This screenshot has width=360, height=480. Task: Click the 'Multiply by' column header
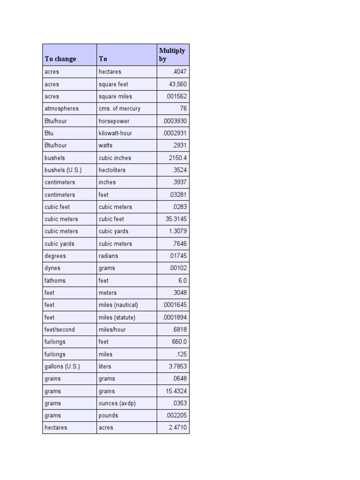pos(172,55)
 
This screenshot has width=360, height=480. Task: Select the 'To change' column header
pos(60,59)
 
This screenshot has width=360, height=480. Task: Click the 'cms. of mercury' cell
pos(119,109)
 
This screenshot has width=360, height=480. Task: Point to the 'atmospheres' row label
pos(61,109)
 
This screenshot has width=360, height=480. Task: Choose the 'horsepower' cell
pos(114,121)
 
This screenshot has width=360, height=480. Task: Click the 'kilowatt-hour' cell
pos(115,133)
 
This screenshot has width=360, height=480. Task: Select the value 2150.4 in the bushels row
pos(178,158)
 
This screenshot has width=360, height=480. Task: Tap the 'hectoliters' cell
pos(112,170)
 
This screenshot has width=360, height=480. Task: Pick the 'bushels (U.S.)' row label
pos(63,170)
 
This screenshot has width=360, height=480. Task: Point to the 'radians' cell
pos(108,256)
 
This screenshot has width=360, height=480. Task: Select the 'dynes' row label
pos(52,268)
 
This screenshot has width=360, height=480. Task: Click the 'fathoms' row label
pos(55,281)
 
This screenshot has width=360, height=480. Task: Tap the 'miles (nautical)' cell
pos(118,305)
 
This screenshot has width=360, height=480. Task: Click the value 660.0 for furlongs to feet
pos(179,342)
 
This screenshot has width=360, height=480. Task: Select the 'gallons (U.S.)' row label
pos(62,367)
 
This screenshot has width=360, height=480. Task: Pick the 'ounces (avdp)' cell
pos(117,404)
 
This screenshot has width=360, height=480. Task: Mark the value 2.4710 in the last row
pos(178,428)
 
